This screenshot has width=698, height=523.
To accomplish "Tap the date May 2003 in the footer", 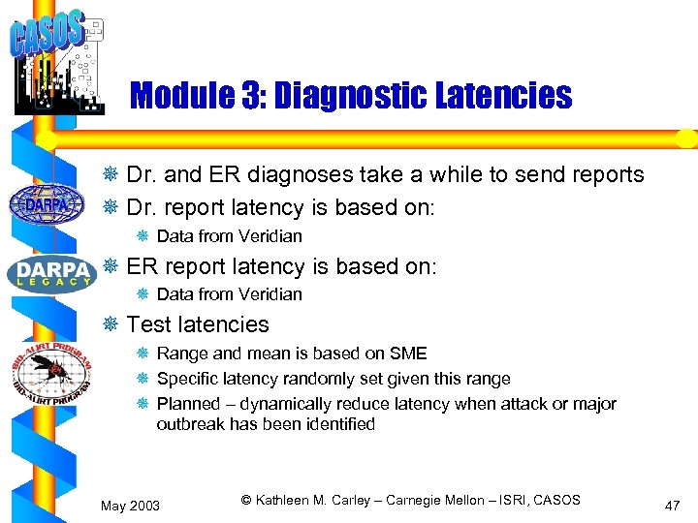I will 131,506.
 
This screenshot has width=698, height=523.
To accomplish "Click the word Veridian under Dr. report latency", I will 267,236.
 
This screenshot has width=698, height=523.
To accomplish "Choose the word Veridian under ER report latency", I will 267,294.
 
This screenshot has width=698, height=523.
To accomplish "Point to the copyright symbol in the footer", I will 246,500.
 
